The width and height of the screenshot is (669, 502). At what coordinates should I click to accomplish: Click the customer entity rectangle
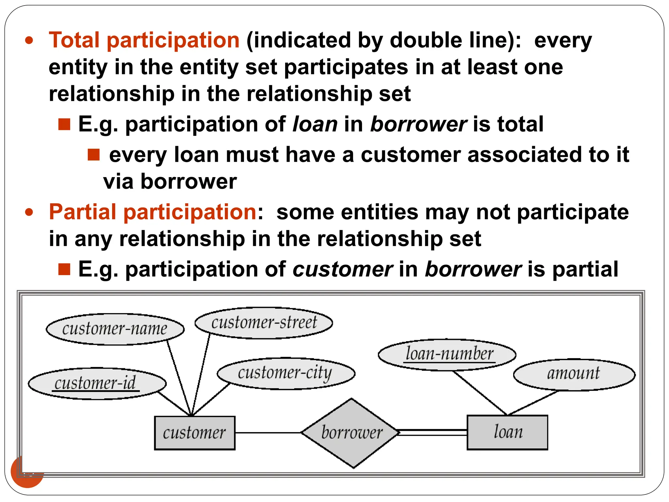(x=194, y=433)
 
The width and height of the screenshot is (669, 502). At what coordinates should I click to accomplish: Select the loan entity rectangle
(x=507, y=432)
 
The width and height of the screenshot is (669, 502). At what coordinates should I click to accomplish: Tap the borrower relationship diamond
(x=351, y=433)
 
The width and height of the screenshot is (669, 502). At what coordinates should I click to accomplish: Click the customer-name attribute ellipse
(x=115, y=329)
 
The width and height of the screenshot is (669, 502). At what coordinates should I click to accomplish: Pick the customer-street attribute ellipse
(x=264, y=323)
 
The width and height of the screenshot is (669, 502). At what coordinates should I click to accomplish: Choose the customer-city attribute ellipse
(x=286, y=373)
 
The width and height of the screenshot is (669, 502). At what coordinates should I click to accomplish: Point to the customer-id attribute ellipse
(x=97, y=383)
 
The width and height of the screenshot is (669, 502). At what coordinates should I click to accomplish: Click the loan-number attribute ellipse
(x=447, y=355)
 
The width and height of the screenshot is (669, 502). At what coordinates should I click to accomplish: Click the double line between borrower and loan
(x=433, y=432)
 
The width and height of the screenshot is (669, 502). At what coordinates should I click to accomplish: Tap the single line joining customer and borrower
(x=268, y=433)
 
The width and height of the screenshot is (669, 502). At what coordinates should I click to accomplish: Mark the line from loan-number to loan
(x=480, y=393)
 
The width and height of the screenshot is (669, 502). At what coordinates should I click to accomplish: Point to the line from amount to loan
(x=533, y=403)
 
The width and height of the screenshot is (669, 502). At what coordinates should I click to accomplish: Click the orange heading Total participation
(x=144, y=41)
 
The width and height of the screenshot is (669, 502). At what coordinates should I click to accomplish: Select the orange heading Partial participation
(x=153, y=212)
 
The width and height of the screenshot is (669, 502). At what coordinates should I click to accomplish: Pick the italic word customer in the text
(x=342, y=269)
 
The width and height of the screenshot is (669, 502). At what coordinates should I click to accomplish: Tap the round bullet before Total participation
(x=29, y=41)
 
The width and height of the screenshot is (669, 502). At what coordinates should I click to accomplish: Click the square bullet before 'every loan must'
(x=93, y=155)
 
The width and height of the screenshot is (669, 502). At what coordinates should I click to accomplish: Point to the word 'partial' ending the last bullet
(x=585, y=269)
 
